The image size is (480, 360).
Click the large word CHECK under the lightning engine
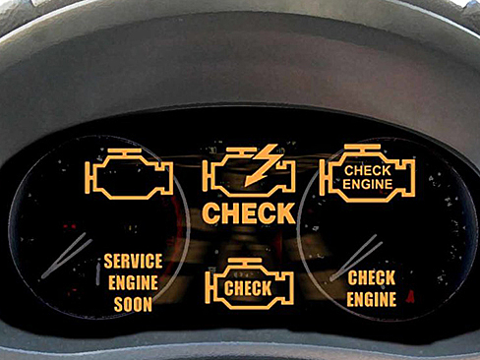(248, 212)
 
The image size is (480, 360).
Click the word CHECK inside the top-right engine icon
(367, 169)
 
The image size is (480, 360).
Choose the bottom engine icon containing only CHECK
(248, 286)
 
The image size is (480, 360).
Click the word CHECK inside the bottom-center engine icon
(248, 288)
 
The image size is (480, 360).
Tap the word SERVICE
(133, 263)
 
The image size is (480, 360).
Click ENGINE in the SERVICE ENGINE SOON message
(133, 283)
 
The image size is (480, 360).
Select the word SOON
(133, 304)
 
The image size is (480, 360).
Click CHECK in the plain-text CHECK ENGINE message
(372, 278)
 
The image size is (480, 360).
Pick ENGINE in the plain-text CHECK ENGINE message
(372, 299)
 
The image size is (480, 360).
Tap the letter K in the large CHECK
(283, 212)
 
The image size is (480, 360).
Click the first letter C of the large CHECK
(211, 212)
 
